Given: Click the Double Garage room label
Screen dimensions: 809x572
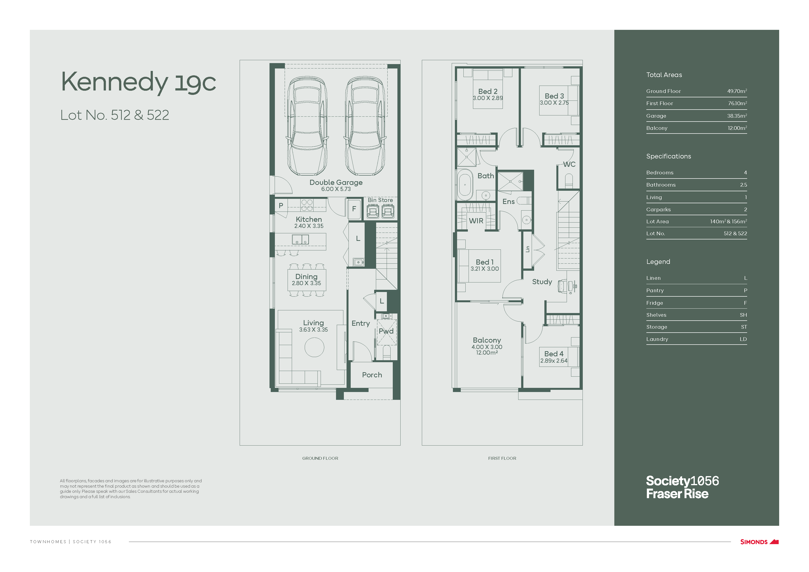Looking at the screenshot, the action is (x=336, y=182).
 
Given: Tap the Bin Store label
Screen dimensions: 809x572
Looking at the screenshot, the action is (x=380, y=200).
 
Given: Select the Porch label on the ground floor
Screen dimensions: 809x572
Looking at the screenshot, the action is (x=372, y=375).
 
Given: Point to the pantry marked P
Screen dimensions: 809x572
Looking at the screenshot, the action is (x=281, y=205).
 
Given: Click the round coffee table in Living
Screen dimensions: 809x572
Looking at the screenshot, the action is (x=314, y=347).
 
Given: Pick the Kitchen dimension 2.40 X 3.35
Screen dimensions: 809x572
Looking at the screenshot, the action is (x=309, y=226).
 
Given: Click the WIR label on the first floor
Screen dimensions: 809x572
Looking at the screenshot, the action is (x=476, y=221).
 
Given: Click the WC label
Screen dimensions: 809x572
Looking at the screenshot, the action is (x=569, y=164).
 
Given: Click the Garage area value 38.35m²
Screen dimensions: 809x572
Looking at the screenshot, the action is (x=737, y=116).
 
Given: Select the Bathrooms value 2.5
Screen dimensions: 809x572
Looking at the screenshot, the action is (x=743, y=185).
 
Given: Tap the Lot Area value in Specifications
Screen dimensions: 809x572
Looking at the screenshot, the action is (x=728, y=221).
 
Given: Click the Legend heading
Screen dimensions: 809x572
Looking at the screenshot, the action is (x=658, y=261).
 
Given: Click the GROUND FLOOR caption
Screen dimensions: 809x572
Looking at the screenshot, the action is (x=320, y=458).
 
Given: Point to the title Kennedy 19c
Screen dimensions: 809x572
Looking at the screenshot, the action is (x=138, y=82).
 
